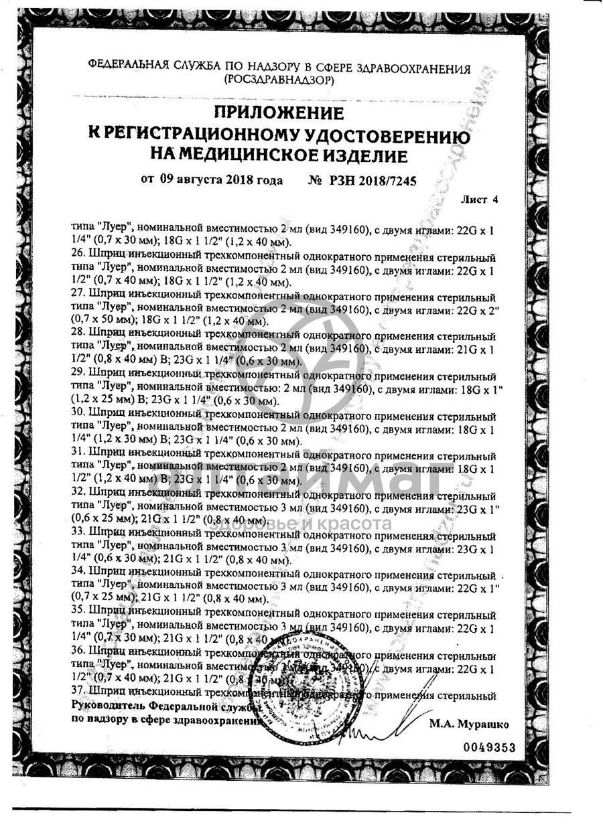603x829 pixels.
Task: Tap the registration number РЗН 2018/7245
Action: point(364,180)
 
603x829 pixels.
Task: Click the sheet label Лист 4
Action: point(480,200)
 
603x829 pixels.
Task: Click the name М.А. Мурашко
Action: point(469,724)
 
